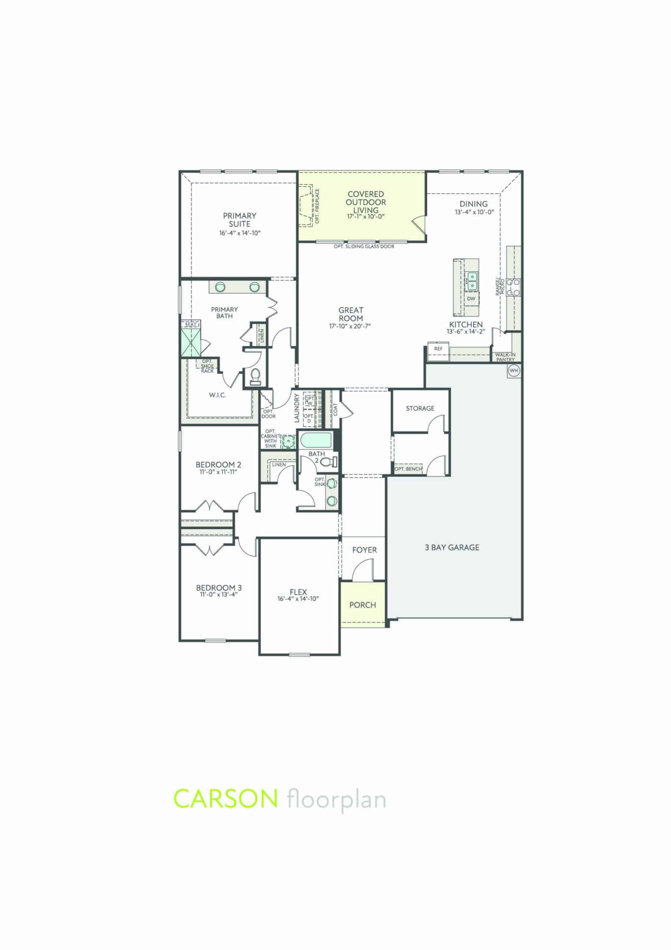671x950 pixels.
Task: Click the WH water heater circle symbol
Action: [x=514, y=370]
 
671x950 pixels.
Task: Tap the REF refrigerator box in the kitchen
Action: [x=438, y=349]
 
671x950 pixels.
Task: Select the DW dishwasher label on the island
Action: [x=471, y=298]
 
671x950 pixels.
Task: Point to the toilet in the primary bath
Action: [x=255, y=375]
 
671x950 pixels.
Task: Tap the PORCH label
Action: [x=362, y=605]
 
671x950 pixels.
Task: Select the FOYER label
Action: [x=365, y=550]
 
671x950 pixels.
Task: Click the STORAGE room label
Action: [x=420, y=408]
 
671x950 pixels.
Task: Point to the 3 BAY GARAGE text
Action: [x=452, y=547]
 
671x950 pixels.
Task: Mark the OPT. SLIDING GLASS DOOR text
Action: [x=364, y=247]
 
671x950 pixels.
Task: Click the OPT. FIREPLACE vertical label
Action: [x=317, y=206]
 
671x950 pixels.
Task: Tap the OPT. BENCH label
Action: [x=408, y=469]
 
